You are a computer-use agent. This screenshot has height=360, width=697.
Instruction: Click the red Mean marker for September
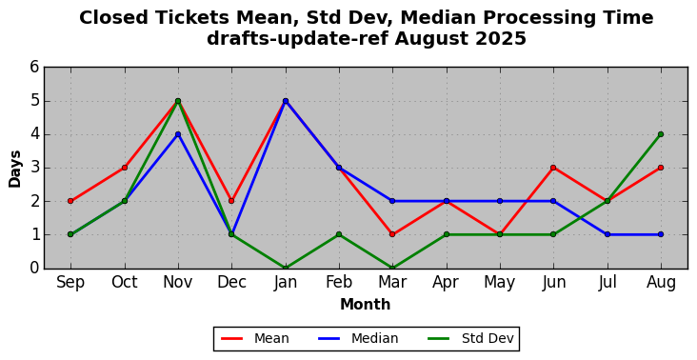click(70, 201)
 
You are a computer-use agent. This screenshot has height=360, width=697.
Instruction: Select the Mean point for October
click(125, 168)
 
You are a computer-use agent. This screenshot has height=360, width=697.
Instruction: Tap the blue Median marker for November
click(178, 134)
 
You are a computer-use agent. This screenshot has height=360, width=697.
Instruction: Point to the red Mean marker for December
click(231, 201)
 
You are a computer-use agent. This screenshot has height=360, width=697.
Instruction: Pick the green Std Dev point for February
click(339, 234)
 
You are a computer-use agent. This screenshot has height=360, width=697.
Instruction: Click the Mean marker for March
click(392, 234)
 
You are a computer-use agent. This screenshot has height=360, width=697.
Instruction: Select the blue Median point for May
click(500, 201)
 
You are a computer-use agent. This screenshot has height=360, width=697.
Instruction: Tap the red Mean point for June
click(553, 168)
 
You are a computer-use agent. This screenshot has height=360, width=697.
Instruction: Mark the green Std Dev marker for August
click(661, 134)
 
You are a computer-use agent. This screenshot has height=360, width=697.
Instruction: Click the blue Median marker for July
click(607, 234)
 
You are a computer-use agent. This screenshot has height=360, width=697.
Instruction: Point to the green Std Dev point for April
click(447, 234)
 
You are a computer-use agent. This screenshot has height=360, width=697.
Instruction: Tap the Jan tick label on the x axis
click(286, 282)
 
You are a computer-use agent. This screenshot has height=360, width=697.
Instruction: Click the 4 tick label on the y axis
click(34, 134)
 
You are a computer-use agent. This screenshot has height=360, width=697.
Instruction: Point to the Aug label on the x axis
click(661, 283)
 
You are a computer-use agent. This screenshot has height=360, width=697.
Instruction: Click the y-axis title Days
click(14, 169)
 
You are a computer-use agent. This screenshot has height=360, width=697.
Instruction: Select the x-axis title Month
click(366, 305)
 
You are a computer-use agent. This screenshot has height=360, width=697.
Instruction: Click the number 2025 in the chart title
click(501, 39)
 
